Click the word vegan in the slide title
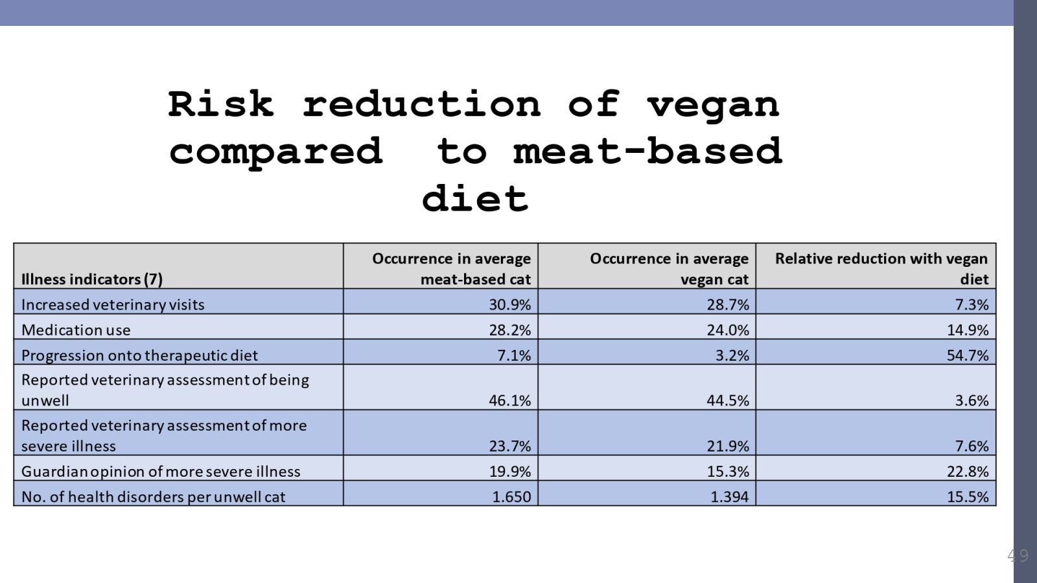(x=713, y=106)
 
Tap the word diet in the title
(x=475, y=199)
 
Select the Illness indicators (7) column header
(x=92, y=279)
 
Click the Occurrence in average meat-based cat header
(x=451, y=269)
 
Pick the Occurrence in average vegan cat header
(x=669, y=269)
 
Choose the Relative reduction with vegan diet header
(x=881, y=269)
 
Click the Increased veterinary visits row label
(x=113, y=304)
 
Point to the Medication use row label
(x=76, y=330)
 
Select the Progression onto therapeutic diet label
(x=139, y=355)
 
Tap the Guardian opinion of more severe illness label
(x=161, y=471)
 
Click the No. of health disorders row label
(x=153, y=496)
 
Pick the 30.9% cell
(x=509, y=304)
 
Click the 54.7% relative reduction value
(x=968, y=355)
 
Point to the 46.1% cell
(x=509, y=400)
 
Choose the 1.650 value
(x=511, y=496)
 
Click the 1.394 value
(x=729, y=496)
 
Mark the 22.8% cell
(x=968, y=471)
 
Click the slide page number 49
(x=1018, y=555)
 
